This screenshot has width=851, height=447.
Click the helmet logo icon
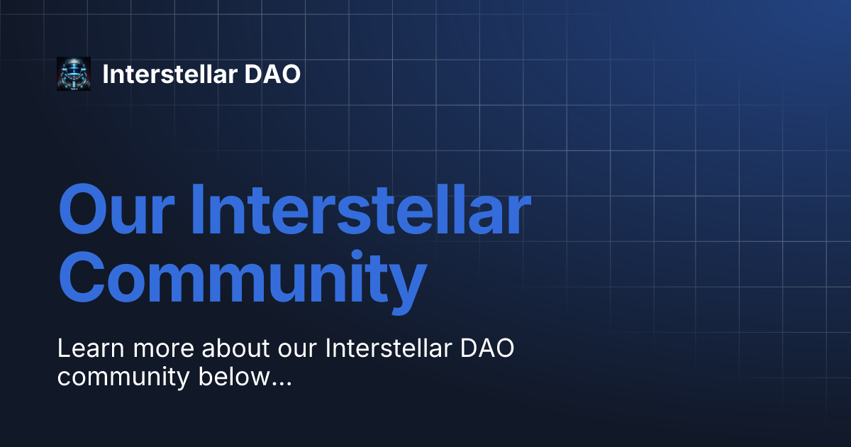[x=74, y=74]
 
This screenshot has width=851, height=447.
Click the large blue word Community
[x=241, y=280]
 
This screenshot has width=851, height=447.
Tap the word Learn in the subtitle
[x=89, y=349]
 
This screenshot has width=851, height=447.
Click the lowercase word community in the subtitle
[x=123, y=377]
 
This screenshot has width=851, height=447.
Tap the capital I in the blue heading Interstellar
[x=199, y=211]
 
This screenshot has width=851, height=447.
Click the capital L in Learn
[x=64, y=349]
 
